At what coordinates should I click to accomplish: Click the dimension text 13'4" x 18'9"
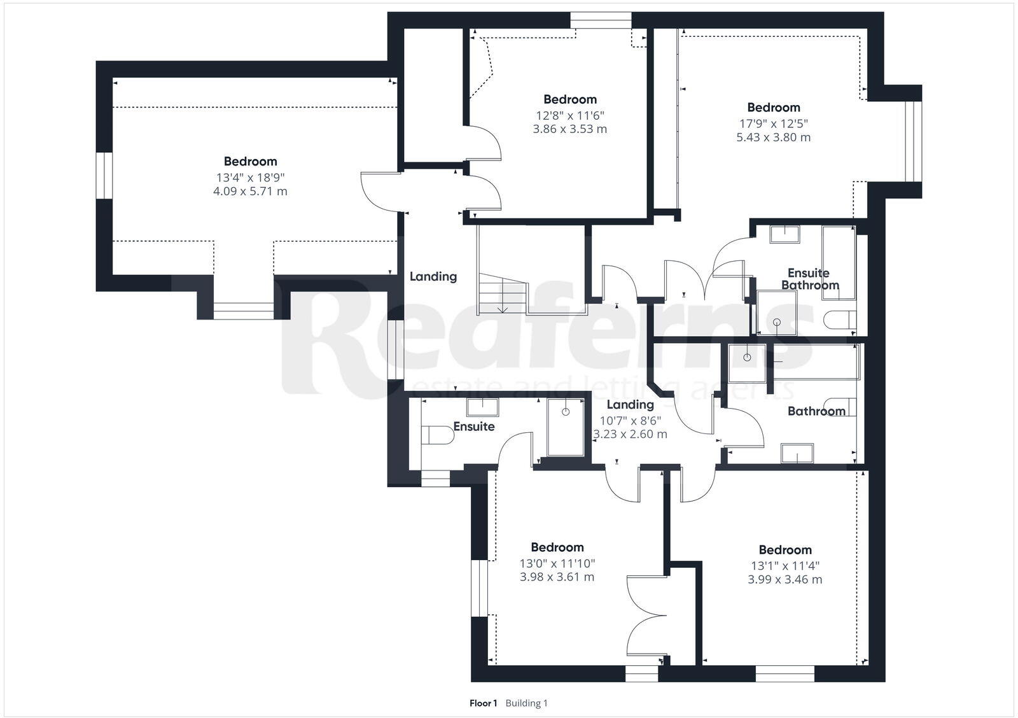[250, 177]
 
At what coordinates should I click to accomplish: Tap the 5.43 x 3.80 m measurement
[773, 137]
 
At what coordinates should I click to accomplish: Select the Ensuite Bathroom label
[809, 279]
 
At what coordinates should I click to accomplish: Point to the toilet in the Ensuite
[435, 435]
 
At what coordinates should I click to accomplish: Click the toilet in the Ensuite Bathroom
[840, 319]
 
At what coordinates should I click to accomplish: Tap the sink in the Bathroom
[797, 453]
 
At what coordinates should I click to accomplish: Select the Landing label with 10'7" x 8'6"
[630, 405]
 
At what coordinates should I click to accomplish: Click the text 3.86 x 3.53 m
[569, 129]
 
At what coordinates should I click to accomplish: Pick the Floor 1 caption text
[483, 703]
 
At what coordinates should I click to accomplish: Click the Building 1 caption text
[526, 703]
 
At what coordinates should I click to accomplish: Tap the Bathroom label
[816, 411]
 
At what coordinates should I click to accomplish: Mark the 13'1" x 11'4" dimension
[784, 565]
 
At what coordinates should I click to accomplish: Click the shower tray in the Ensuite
[566, 427]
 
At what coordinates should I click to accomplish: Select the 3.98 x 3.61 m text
[557, 577]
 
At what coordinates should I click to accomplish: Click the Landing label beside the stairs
[433, 276]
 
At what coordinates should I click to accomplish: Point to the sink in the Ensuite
[482, 406]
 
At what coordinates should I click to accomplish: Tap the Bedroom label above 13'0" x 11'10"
[557, 547]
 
